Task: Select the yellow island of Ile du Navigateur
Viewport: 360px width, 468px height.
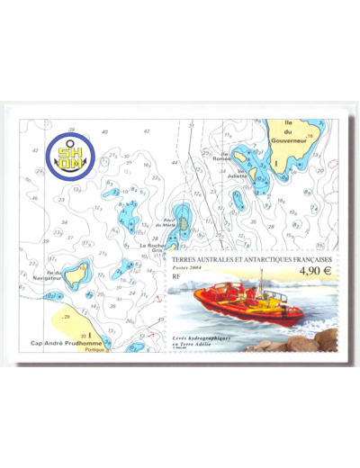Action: (x=76, y=274)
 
